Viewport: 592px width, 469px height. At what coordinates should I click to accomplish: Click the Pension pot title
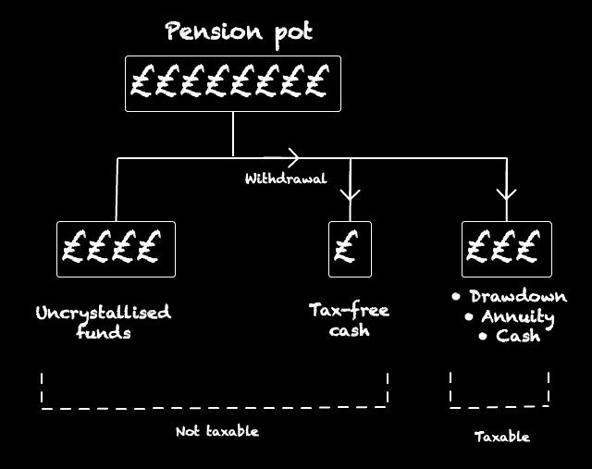tap(239, 31)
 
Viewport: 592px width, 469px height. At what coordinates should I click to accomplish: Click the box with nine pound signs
tap(232, 84)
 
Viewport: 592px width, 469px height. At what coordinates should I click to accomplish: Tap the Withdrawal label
tap(285, 179)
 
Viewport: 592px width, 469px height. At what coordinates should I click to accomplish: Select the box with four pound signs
tap(116, 249)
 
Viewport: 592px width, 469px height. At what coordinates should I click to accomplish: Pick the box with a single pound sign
tap(350, 249)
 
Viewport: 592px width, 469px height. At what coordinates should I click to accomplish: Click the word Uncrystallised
tap(103, 313)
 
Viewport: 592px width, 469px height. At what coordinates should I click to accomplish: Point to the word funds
tap(102, 332)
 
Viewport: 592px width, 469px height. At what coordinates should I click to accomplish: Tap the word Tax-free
tap(350, 311)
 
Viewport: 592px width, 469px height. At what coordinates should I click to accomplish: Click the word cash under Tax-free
tap(350, 330)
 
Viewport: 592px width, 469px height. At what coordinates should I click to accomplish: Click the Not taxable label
tap(217, 431)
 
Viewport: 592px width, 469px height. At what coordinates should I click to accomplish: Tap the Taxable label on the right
tap(502, 436)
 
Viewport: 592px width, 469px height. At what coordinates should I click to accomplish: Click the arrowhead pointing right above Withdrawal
tap(293, 157)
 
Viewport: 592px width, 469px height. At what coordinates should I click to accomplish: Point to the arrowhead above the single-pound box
tap(350, 194)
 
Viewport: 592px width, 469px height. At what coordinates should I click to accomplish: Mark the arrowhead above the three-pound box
tap(506, 194)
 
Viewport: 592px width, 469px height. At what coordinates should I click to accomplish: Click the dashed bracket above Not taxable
tap(215, 405)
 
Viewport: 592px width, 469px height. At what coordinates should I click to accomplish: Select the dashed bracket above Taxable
tap(499, 405)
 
